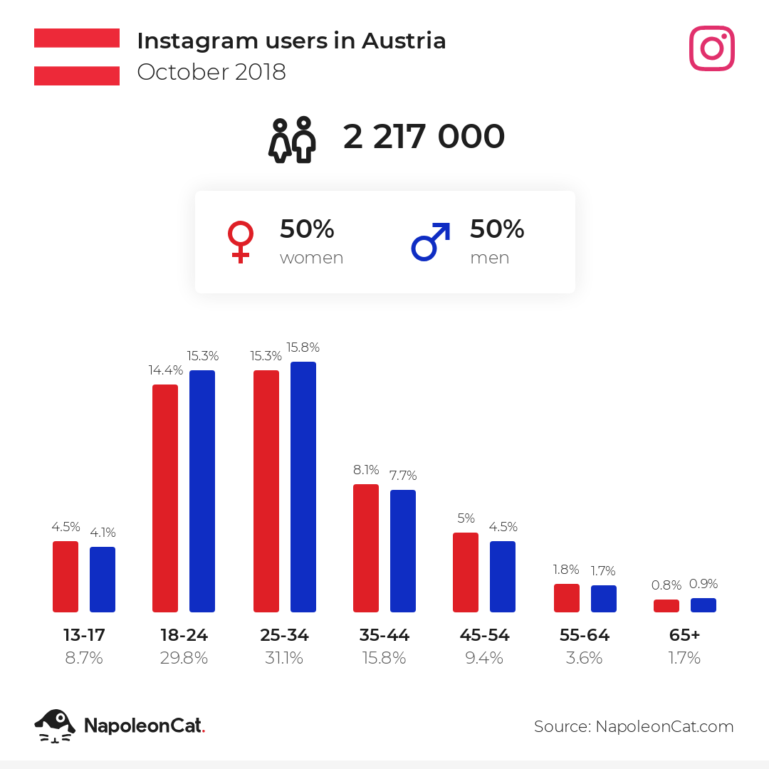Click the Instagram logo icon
point(711,48)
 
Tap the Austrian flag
point(77,57)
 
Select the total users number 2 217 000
point(424,137)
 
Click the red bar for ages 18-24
point(165,498)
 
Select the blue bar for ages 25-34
point(303,487)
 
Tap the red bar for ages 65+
point(666,606)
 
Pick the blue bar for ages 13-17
point(103,580)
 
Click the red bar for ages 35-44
point(366,548)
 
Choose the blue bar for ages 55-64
point(604,599)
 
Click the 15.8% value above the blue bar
point(303,347)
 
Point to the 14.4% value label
point(165,370)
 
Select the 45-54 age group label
point(484,635)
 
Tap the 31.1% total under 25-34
point(284,659)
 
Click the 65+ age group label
point(685,635)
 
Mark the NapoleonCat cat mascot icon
point(55,726)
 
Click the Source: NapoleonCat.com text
point(634,726)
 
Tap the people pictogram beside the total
point(292,139)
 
